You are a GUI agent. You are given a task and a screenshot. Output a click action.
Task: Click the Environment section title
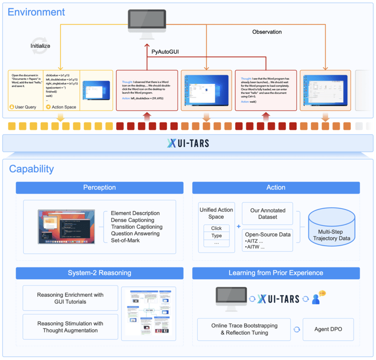[x=37, y=12]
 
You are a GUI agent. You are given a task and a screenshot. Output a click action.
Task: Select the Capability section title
[x=31, y=169]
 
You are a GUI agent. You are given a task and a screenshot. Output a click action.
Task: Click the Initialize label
[x=40, y=46]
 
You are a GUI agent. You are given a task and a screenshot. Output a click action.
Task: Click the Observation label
[x=267, y=32]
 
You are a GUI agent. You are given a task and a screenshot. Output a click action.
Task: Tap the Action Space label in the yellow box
[x=64, y=107]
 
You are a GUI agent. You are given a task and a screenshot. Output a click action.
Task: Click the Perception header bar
[x=99, y=187]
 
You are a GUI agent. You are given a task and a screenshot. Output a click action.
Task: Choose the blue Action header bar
[x=276, y=187]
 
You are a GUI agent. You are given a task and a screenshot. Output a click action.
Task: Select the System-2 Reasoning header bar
[x=99, y=273]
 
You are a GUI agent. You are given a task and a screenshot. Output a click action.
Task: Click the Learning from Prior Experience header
[x=276, y=273]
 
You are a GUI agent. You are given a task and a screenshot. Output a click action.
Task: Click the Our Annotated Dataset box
[x=267, y=213]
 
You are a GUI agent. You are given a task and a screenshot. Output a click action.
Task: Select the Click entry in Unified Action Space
[x=216, y=228]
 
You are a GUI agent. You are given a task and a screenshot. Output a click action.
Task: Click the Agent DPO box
[x=328, y=329]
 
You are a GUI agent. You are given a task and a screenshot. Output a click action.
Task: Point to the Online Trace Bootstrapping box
[x=244, y=329]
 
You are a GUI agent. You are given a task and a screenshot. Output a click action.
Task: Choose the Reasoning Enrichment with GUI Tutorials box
[x=70, y=298]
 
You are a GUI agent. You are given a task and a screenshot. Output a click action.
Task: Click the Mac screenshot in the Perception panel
[x=67, y=226]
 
